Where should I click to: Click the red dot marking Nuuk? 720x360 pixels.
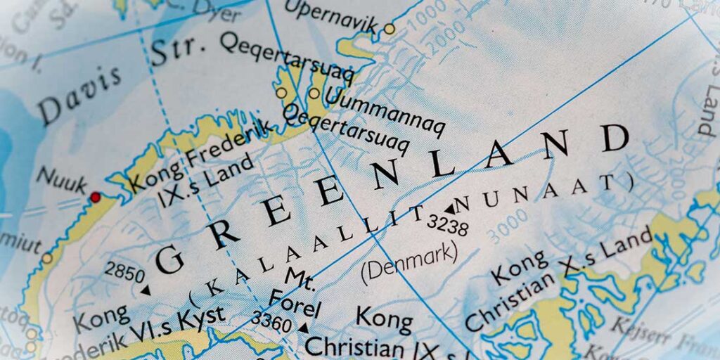pyautogui.click(x=95, y=197)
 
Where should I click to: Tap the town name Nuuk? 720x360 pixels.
pyautogui.click(x=61, y=178)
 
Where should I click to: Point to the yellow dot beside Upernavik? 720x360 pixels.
pyautogui.click(x=389, y=30)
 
